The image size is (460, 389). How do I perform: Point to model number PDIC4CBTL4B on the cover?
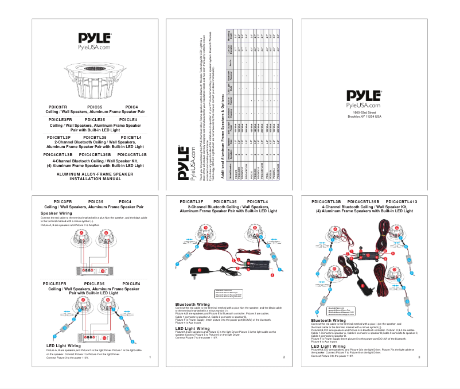pyautogui.click(x=132, y=155)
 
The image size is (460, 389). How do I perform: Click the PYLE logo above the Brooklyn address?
pyautogui.click(x=364, y=97)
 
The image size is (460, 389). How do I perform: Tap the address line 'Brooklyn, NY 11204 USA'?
pyautogui.click(x=364, y=116)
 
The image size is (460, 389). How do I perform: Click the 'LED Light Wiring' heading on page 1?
pyautogui.click(x=64, y=346)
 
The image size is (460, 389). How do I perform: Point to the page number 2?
pyautogui.click(x=284, y=357)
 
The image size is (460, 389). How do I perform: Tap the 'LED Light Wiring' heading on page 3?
pyautogui.click(x=329, y=346)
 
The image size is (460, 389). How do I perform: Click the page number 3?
pyautogui.click(x=419, y=357)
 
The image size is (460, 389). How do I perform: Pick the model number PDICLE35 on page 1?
pyautogui.click(x=94, y=284)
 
